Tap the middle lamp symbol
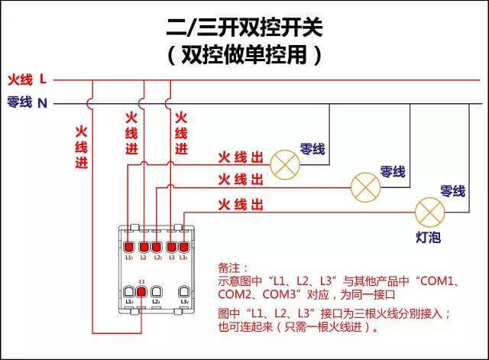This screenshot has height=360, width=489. pos(364,184)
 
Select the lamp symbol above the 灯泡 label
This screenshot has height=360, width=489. pos(429,209)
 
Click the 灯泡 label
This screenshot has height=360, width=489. pos(428,238)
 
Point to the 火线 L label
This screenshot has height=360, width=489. pos(28,79)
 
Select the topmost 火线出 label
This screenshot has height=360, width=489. pos(241,158)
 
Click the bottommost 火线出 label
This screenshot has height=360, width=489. pos(241,204)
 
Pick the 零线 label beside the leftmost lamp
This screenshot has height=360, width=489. pos(313,150)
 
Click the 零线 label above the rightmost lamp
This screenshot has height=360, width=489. pos(452,191)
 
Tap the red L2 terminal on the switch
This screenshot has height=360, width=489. pos(157,247)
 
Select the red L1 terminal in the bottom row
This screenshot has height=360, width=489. pos(142,292)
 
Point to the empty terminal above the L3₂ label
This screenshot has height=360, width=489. pos(184,292)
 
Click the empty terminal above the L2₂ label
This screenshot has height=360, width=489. pos(156,292)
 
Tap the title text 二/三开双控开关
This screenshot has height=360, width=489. pos(244,29)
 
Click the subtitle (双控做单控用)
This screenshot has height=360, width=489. pos(244,55)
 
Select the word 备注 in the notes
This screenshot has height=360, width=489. pos(232,268)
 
